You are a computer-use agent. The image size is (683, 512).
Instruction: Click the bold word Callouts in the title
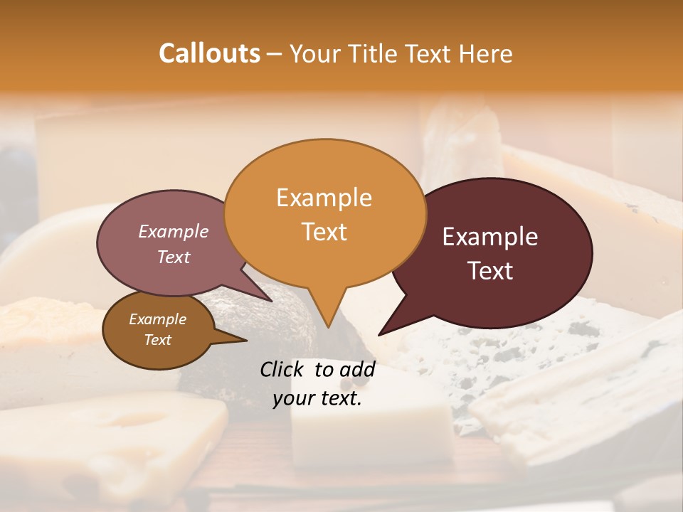[209, 53]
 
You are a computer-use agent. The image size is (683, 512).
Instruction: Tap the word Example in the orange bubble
[324, 198]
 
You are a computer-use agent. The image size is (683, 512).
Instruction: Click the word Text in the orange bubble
[324, 231]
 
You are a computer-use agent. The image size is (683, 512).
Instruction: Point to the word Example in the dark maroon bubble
[490, 237]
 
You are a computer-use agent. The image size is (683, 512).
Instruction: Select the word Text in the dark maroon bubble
[490, 270]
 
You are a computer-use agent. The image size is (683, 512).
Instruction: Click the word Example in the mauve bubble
[174, 231]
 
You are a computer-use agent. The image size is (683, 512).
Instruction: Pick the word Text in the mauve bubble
[174, 257]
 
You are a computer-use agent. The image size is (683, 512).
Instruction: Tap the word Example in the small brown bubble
[157, 319]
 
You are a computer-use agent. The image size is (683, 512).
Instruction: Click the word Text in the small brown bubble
[157, 340]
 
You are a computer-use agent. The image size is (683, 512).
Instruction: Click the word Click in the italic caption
[282, 369]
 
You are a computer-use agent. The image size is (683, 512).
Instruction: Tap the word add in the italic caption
[358, 369]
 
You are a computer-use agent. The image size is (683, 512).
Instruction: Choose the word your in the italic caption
[293, 398]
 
